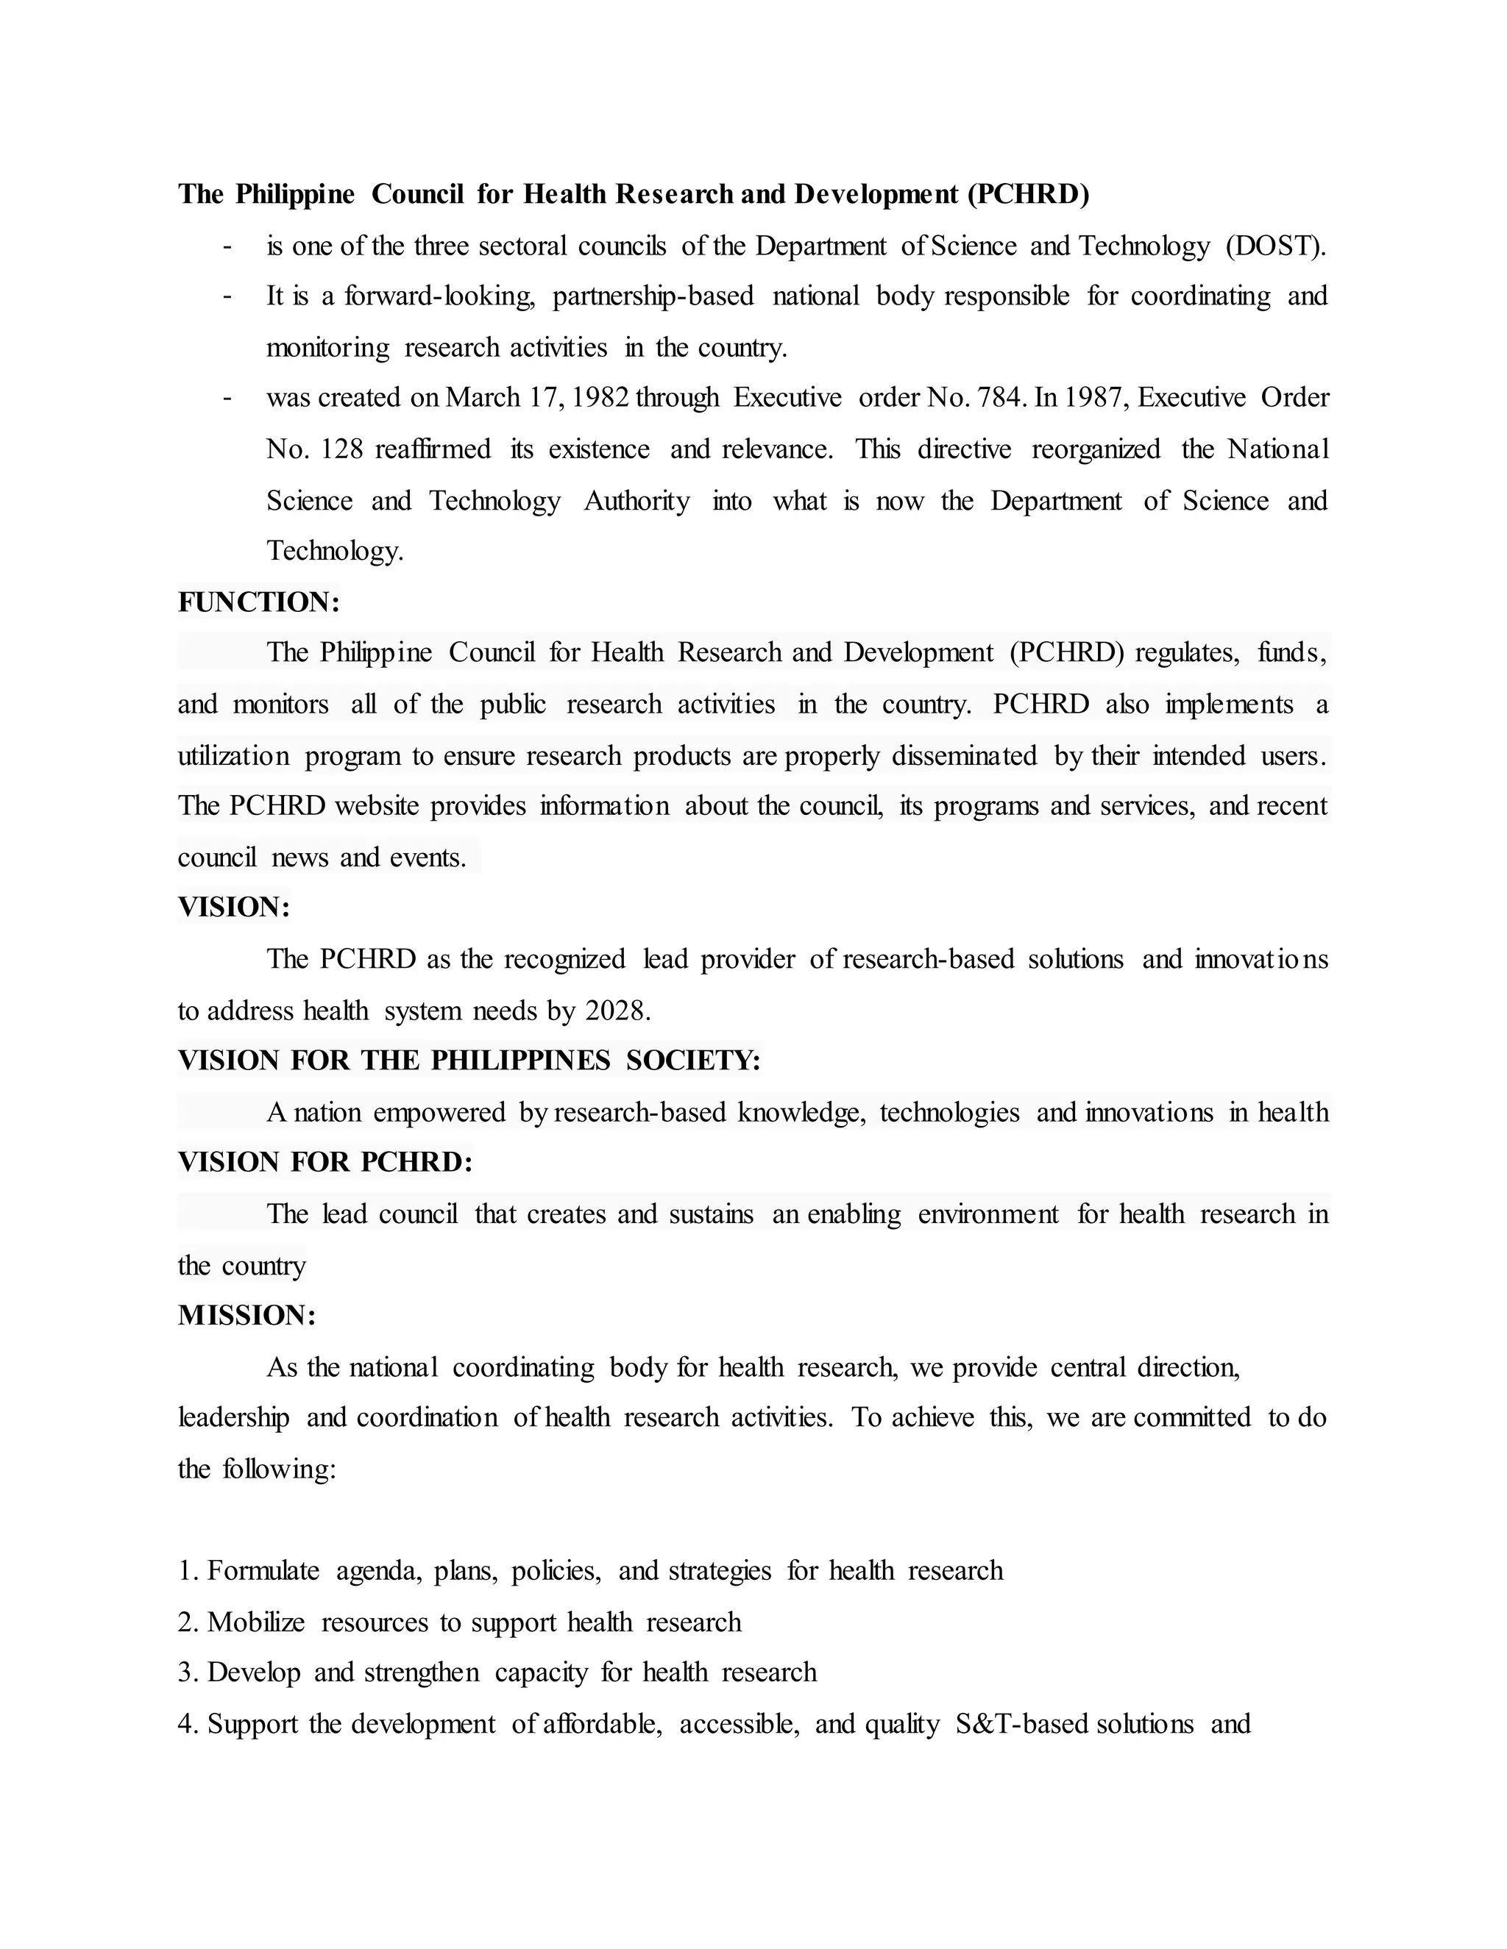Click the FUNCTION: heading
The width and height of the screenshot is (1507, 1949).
pos(259,602)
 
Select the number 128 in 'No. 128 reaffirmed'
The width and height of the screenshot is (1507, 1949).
pos(341,449)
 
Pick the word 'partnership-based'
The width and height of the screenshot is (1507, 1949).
pos(653,296)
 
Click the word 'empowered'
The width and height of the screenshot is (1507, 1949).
pos(439,1113)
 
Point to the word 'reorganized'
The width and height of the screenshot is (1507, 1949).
pos(1096,449)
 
